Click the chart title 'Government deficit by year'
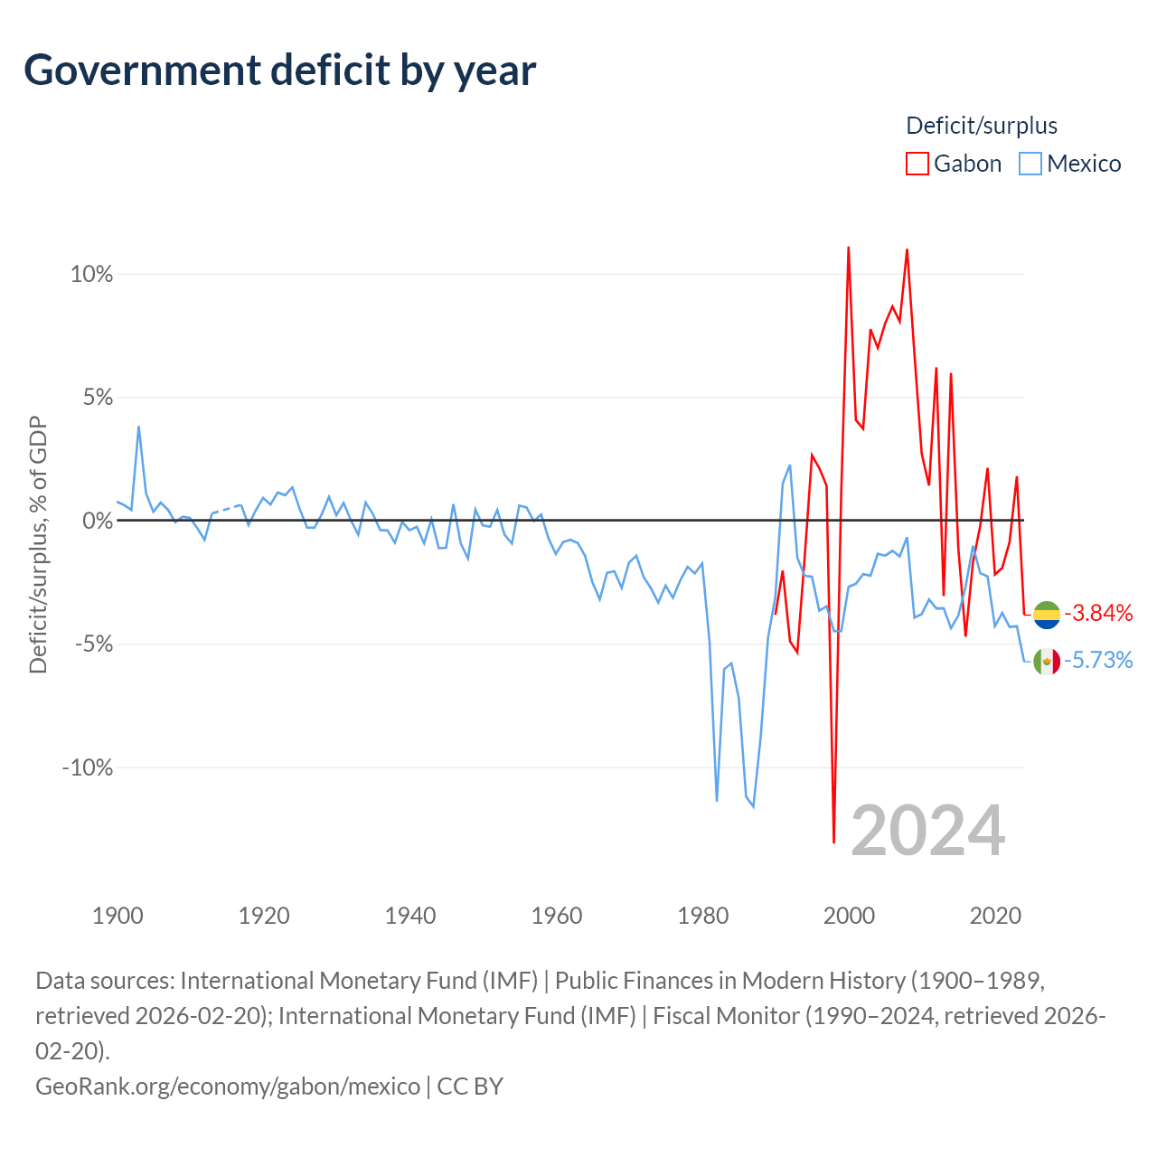pyautogui.click(x=279, y=71)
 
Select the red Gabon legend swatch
pyautogui.click(x=917, y=164)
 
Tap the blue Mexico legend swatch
pyautogui.click(x=1030, y=164)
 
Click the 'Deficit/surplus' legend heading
pyautogui.click(x=981, y=126)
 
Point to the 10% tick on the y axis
pyautogui.click(x=92, y=275)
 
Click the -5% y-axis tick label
pyautogui.click(x=94, y=644)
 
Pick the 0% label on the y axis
pyautogui.click(x=98, y=521)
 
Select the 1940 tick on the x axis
pyautogui.click(x=410, y=916)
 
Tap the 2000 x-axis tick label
pyautogui.click(x=849, y=916)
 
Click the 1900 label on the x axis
pyautogui.click(x=118, y=916)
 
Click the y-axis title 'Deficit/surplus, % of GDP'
pyautogui.click(x=39, y=544)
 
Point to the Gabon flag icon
pyautogui.click(x=1047, y=615)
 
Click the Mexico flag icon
pyautogui.click(x=1047, y=662)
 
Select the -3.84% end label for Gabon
pyautogui.click(x=1098, y=613)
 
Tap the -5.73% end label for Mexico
pyautogui.click(x=1098, y=661)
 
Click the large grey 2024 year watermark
pyautogui.click(x=927, y=831)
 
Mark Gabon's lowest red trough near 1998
pyautogui.click(x=834, y=842)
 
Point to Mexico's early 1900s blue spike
pyautogui.click(x=138, y=427)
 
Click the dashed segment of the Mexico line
pyautogui.click(x=227, y=509)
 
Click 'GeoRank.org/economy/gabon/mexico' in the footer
pyautogui.click(x=228, y=1086)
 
